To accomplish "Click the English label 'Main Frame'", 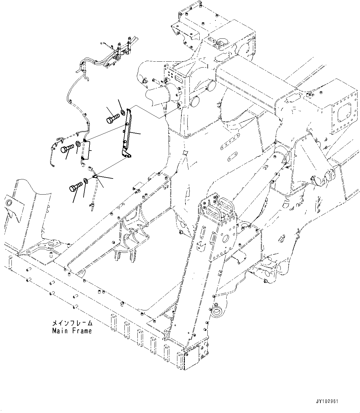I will pyautogui.click(x=72, y=331).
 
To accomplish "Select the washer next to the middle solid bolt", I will pyautogui.click(x=78, y=144).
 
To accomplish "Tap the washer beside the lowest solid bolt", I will pyautogui.click(x=86, y=181).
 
